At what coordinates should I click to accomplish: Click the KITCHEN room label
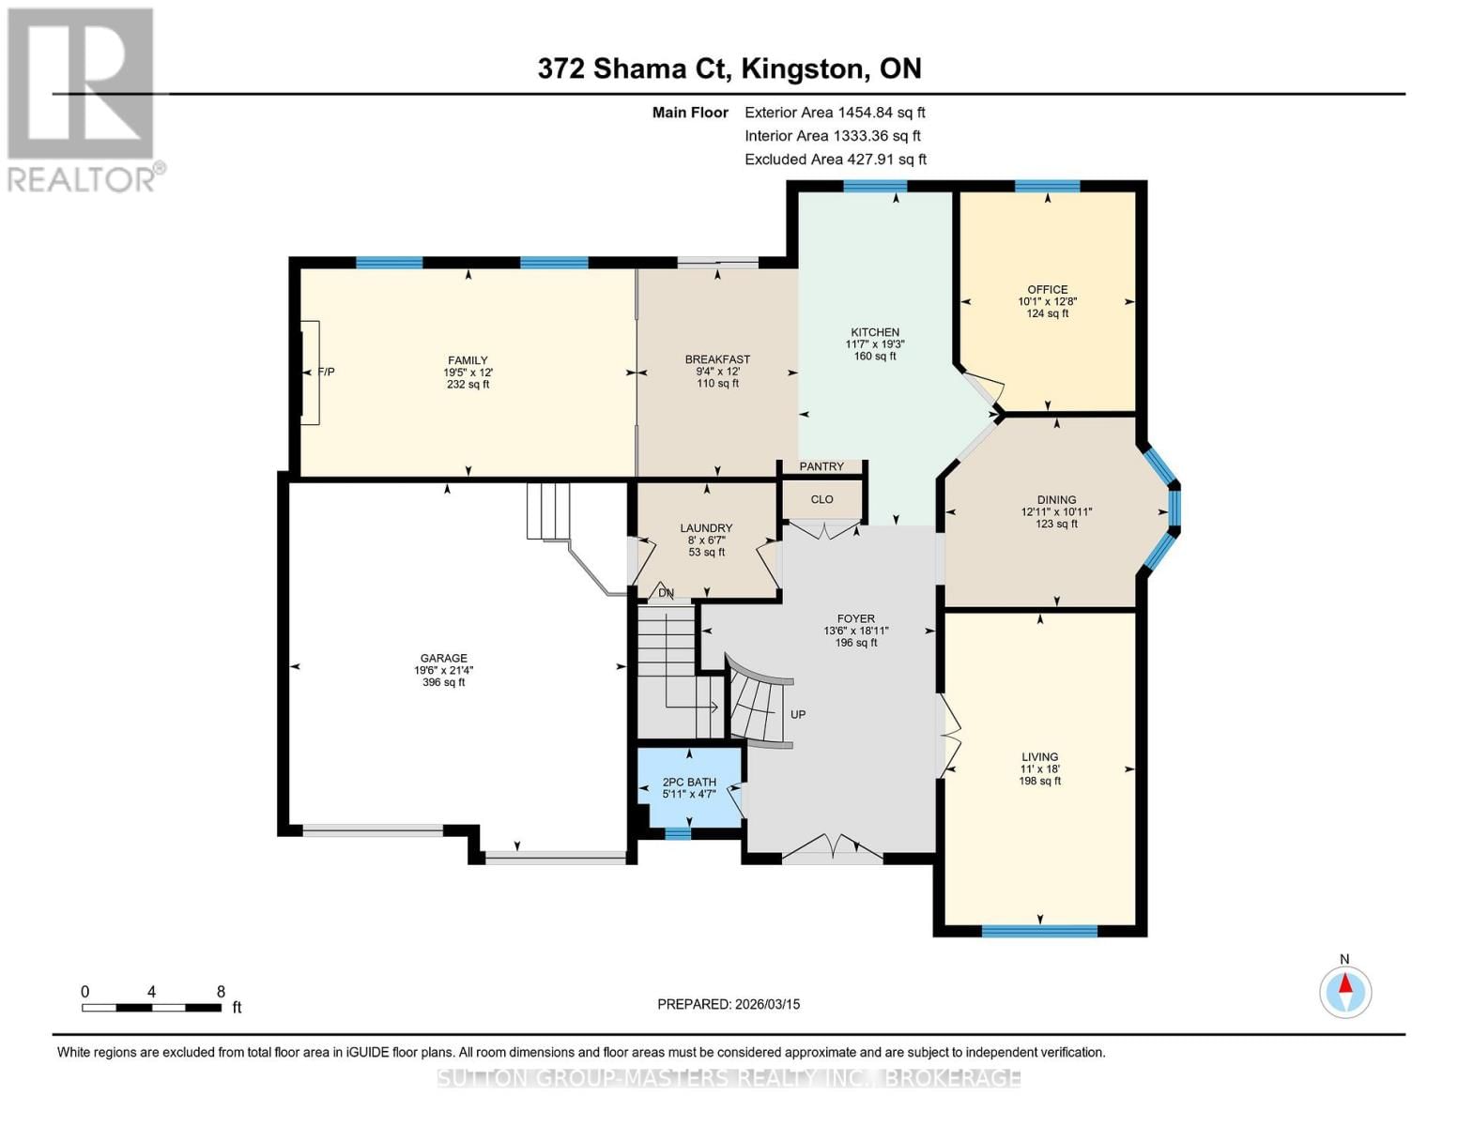tap(875, 332)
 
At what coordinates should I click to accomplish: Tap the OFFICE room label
tap(1047, 290)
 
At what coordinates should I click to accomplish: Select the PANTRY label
tap(821, 466)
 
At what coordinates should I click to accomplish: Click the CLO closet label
tap(821, 499)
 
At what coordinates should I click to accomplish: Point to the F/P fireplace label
tap(326, 372)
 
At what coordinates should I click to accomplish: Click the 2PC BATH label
tap(689, 782)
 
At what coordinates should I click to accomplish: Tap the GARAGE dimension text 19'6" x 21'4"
tap(444, 670)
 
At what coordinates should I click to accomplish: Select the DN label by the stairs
tap(666, 593)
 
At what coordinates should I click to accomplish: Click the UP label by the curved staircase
tap(797, 714)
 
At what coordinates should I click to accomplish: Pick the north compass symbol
tap(1345, 991)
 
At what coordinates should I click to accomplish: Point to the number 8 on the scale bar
tap(221, 991)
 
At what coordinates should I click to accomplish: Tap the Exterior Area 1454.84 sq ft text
tap(835, 112)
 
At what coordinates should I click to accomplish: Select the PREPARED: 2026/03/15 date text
tap(729, 1004)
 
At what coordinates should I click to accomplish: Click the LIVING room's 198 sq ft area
tap(1039, 781)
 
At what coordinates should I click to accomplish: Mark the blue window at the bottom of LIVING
tap(1039, 931)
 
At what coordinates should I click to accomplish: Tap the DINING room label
tap(1056, 500)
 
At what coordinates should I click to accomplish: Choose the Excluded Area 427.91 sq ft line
tap(835, 160)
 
